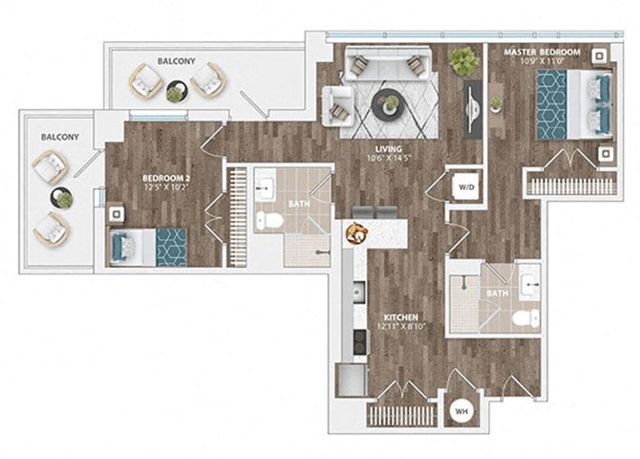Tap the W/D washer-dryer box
pos(465,187)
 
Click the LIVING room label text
pos(387,149)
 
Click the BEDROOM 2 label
pos(164,178)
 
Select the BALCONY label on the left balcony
pos(59,138)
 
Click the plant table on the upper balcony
pos(175,93)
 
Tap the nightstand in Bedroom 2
pos(116,214)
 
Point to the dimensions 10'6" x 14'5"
pos(387,161)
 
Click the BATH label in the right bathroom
pos(497,293)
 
